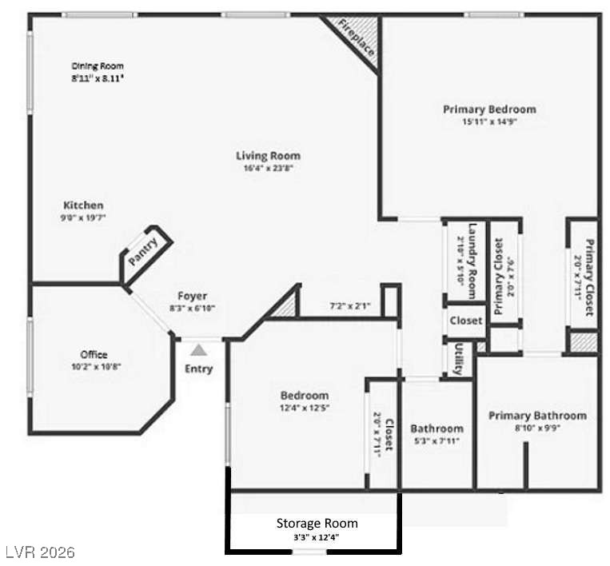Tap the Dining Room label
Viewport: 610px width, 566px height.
pyautogui.click(x=98, y=66)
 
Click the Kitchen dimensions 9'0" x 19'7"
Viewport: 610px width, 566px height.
pyautogui.click(x=83, y=217)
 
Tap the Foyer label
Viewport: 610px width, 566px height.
pyautogui.click(x=192, y=296)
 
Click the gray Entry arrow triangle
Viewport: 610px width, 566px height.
pyautogui.click(x=198, y=349)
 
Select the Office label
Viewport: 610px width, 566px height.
pyautogui.click(x=94, y=354)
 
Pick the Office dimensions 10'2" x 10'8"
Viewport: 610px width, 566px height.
pyautogui.click(x=94, y=366)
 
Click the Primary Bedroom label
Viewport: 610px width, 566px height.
pyautogui.click(x=489, y=109)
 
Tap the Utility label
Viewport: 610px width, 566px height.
pyautogui.click(x=458, y=359)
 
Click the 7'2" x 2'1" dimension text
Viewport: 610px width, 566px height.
pyautogui.click(x=349, y=306)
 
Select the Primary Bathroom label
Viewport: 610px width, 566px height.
pyautogui.click(x=537, y=416)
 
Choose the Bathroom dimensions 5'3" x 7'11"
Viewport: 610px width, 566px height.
pyautogui.click(x=437, y=440)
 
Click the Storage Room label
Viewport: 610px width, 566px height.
pyautogui.click(x=317, y=523)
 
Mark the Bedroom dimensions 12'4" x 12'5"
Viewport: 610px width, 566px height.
pyautogui.click(x=304, y=408)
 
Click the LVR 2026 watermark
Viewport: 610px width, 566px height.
pyautogui.click(x=40, y=552)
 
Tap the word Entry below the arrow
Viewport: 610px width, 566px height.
pyautogui.click(x=199, y=369)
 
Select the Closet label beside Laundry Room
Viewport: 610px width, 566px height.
pyautogui.click(x=465, y=320)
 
